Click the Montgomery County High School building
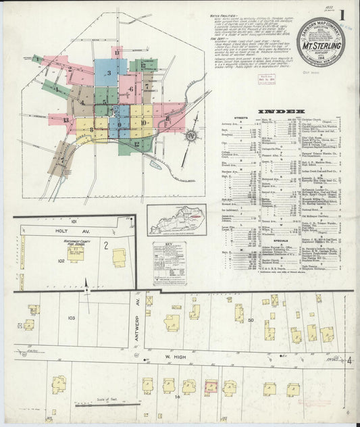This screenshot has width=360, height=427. (75, 253)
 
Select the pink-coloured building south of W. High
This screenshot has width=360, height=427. (211, 387)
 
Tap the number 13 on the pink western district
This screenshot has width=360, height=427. (66, 120)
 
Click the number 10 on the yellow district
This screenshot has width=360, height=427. (143, 123)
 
